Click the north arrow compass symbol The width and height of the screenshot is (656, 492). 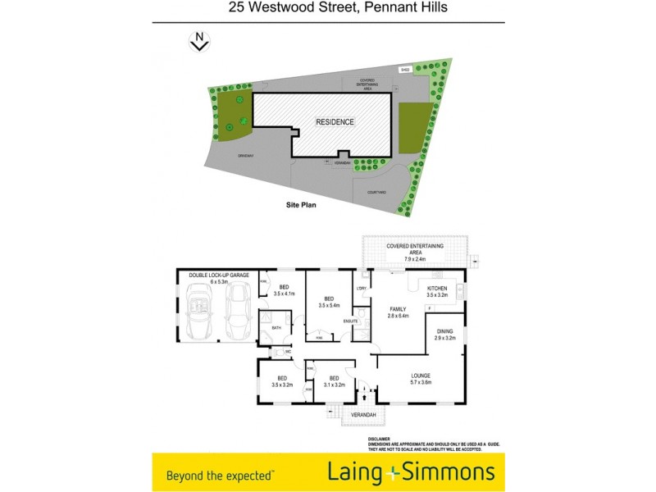199,41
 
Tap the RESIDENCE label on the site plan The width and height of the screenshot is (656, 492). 336,122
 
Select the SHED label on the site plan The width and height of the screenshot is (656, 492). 404,70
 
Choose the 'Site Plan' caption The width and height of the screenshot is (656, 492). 294,206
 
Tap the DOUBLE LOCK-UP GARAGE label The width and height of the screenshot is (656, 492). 217,276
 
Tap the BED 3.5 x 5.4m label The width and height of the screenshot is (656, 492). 328,302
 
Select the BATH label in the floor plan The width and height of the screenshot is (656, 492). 276,327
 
